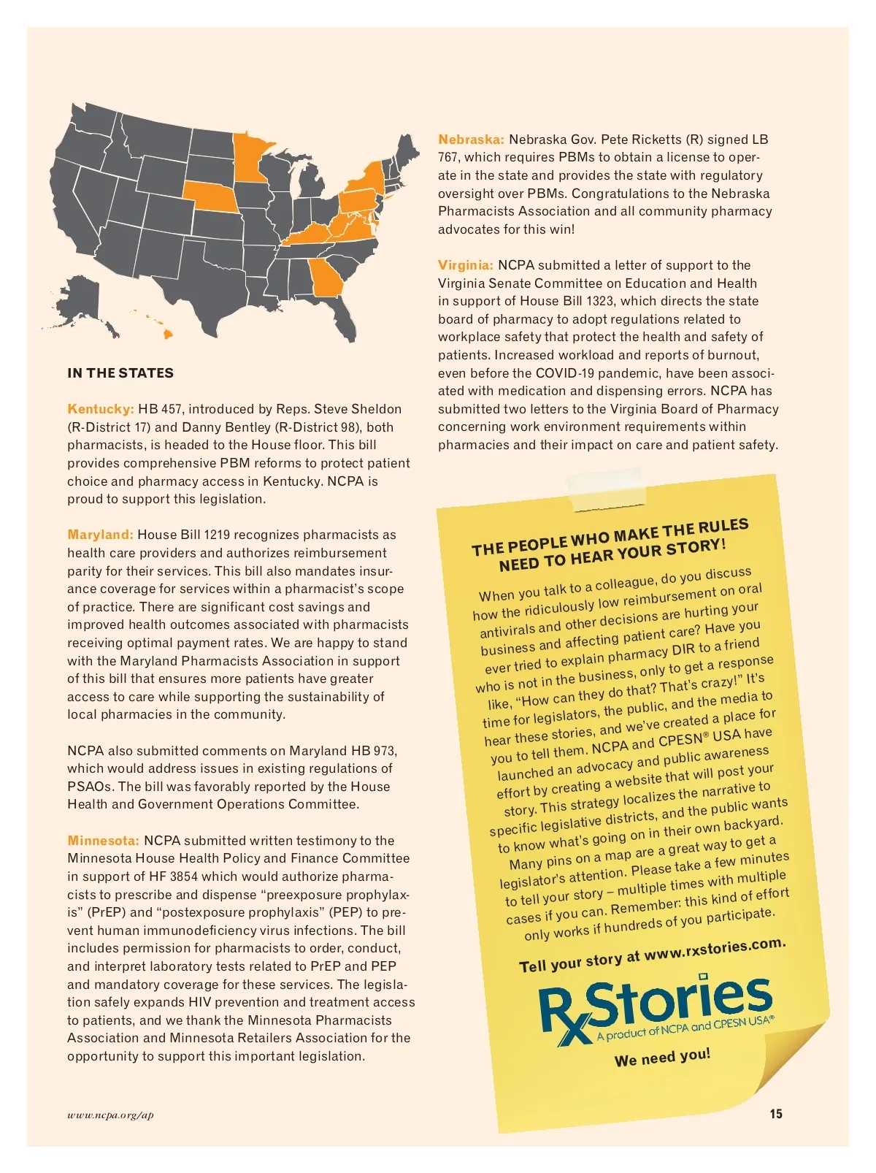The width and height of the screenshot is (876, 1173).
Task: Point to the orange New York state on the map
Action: [x=369, y=178]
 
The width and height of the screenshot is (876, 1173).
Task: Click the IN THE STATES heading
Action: [x=120, y=373]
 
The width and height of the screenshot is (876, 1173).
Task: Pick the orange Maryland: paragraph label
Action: [x=100, y=535]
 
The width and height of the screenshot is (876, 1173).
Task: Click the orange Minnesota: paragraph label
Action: [x=103, y=841]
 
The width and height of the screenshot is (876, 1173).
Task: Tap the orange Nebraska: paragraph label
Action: [x=471, y=140]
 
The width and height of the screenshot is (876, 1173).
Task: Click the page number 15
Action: [x=775, y=1114]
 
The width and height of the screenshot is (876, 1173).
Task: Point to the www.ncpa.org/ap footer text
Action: [x=110, y=1115]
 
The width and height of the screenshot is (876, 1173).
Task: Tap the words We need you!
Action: [x=662, y=1058]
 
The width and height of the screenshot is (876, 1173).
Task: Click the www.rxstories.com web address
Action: [x=715, y=949]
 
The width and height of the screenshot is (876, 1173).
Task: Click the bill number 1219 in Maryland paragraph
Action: [x=217, y=535]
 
